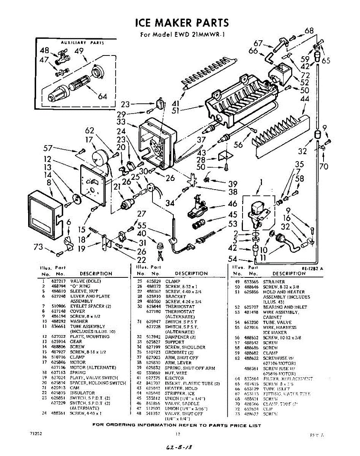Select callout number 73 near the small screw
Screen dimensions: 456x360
tap(38, 247)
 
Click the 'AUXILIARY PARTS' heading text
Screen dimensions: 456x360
tap(82, 43)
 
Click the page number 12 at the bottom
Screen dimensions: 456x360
tap(177, 434)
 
